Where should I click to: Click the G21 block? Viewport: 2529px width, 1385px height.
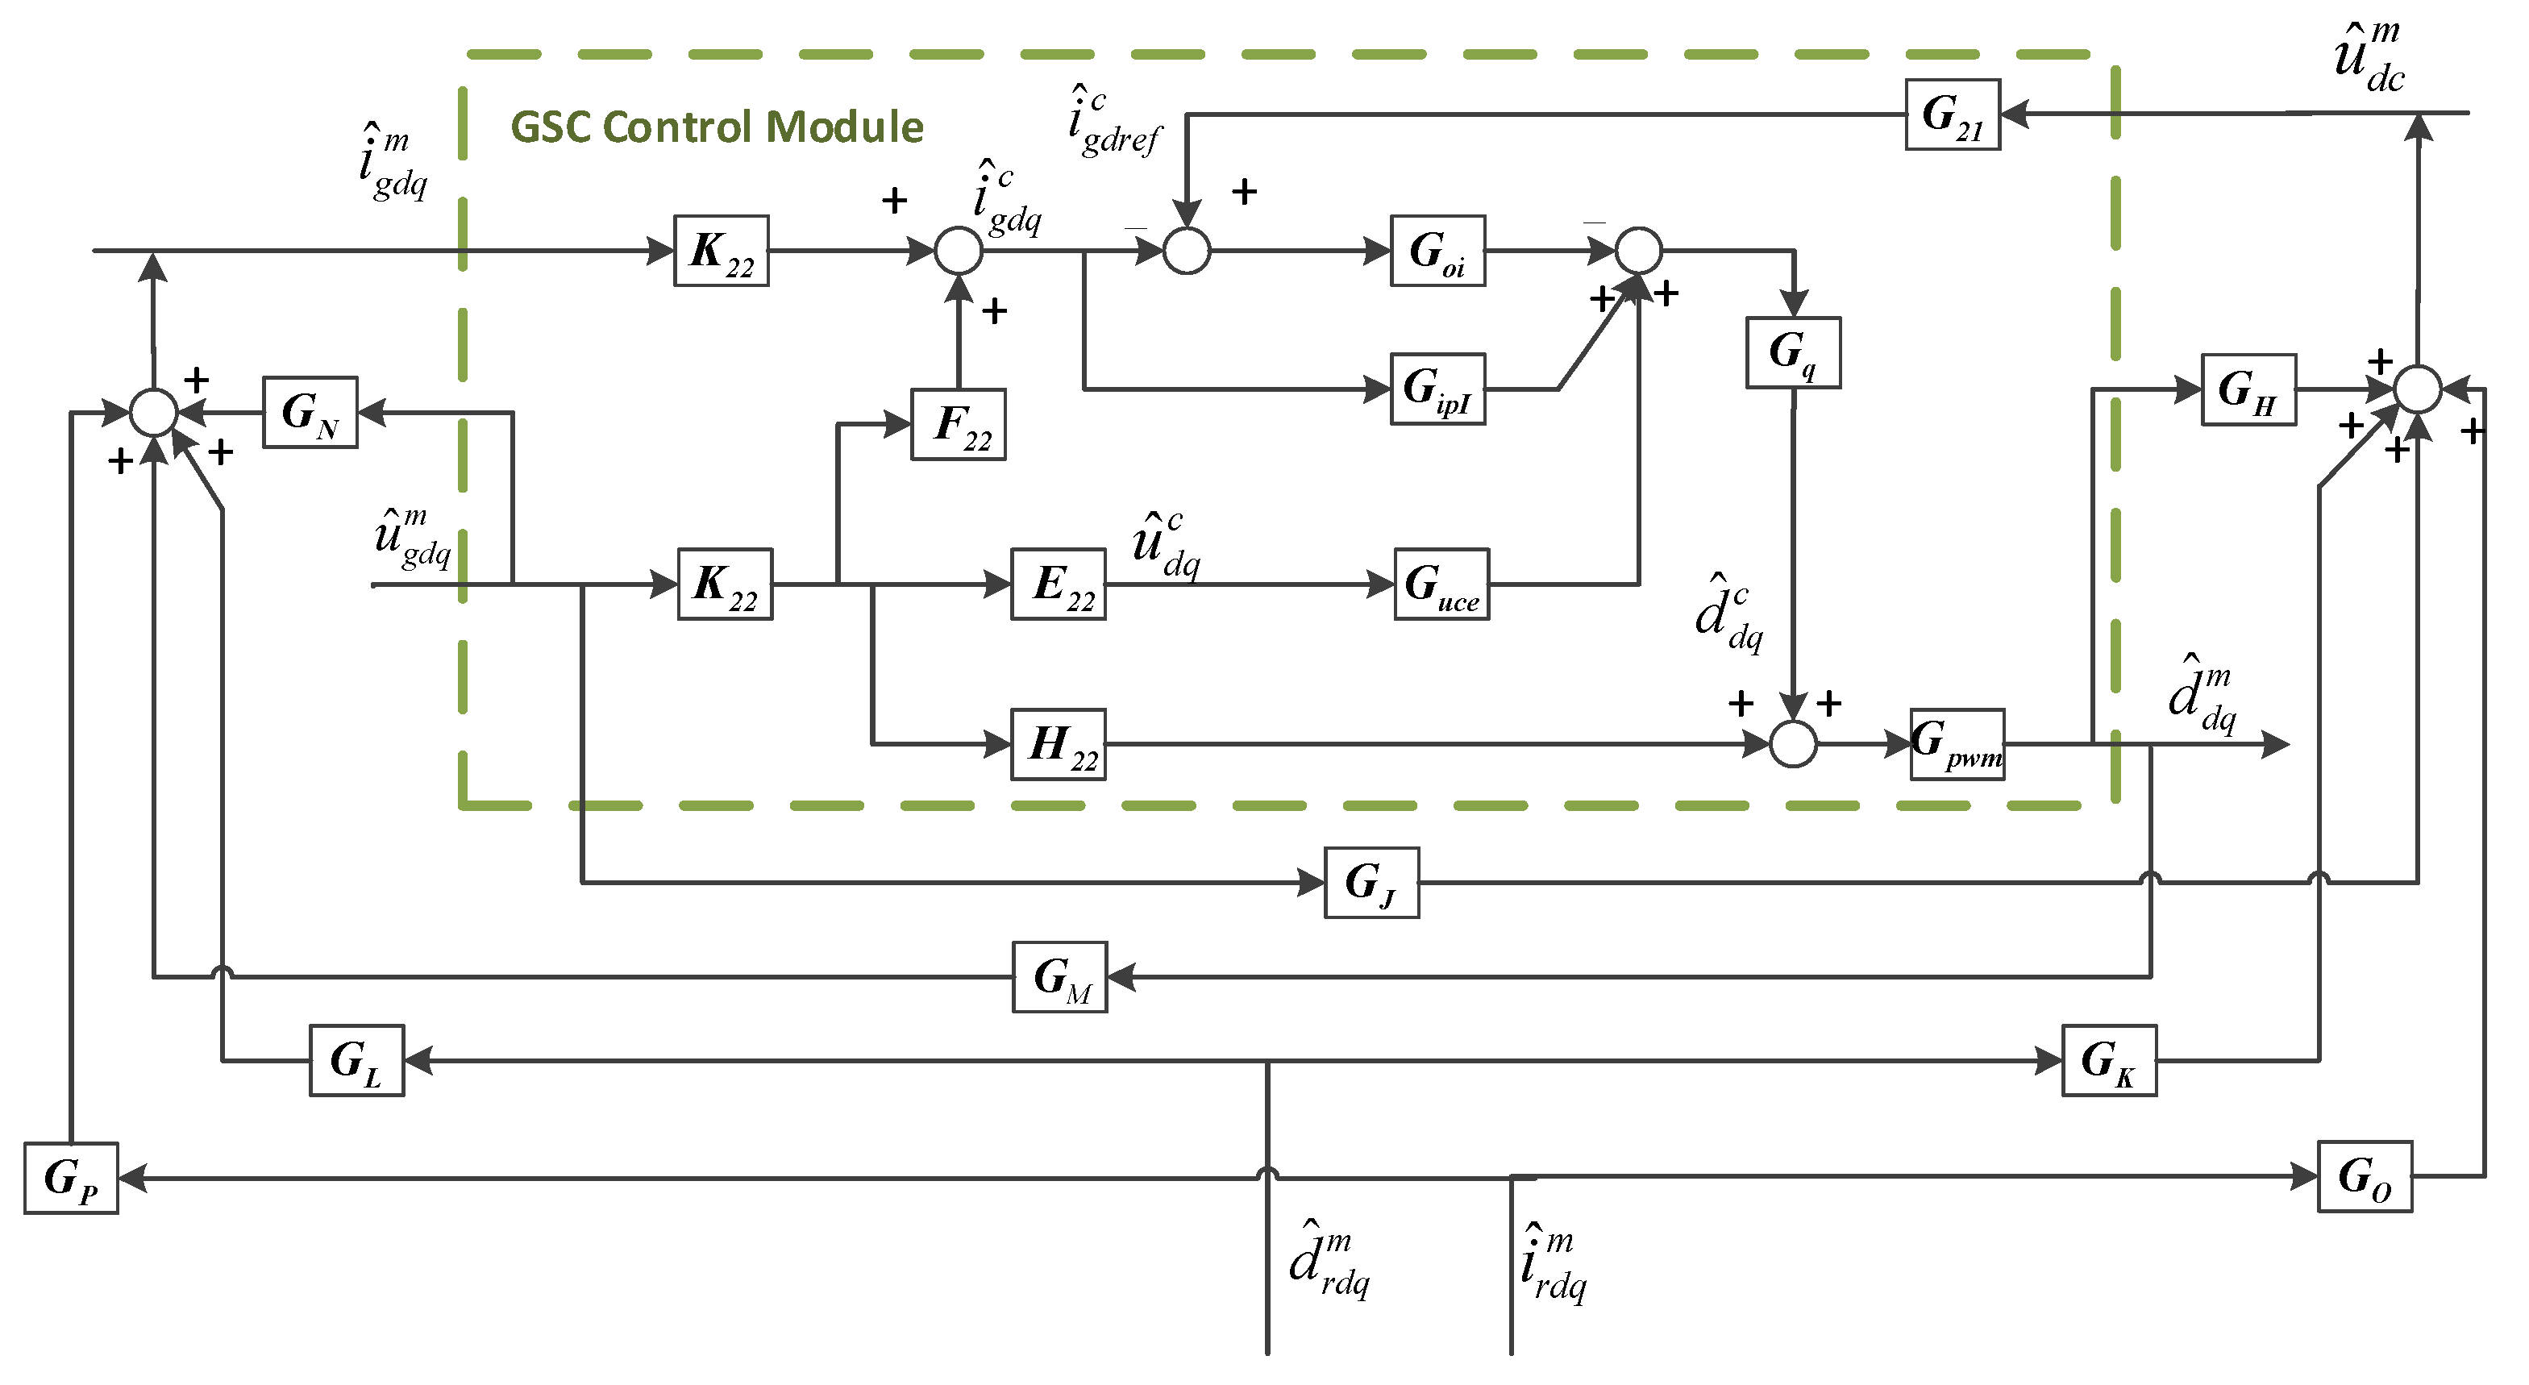1952,114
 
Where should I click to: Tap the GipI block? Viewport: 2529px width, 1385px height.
1437,389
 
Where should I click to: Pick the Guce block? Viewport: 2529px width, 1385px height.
1441,584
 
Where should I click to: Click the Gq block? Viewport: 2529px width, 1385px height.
1793,352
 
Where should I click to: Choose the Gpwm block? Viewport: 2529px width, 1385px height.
1957,744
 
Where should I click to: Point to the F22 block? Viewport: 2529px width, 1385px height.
959,424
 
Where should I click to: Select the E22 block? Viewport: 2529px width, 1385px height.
1059,584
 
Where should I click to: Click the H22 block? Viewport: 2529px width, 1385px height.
1059,744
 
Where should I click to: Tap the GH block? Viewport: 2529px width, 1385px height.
2248,389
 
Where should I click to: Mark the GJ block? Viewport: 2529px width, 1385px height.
1371,883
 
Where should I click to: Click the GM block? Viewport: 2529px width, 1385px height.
1059,976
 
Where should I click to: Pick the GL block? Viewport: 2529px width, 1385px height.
356,1060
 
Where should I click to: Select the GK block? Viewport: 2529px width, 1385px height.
2109,1060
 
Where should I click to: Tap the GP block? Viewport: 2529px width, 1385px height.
71,1178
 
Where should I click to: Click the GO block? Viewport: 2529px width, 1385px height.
2365,1176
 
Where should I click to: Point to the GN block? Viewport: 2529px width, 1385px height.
310,412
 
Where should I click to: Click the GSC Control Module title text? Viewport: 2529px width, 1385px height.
717,127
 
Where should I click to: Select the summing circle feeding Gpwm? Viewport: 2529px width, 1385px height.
1793,744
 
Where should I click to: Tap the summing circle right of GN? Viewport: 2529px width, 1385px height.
154,412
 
